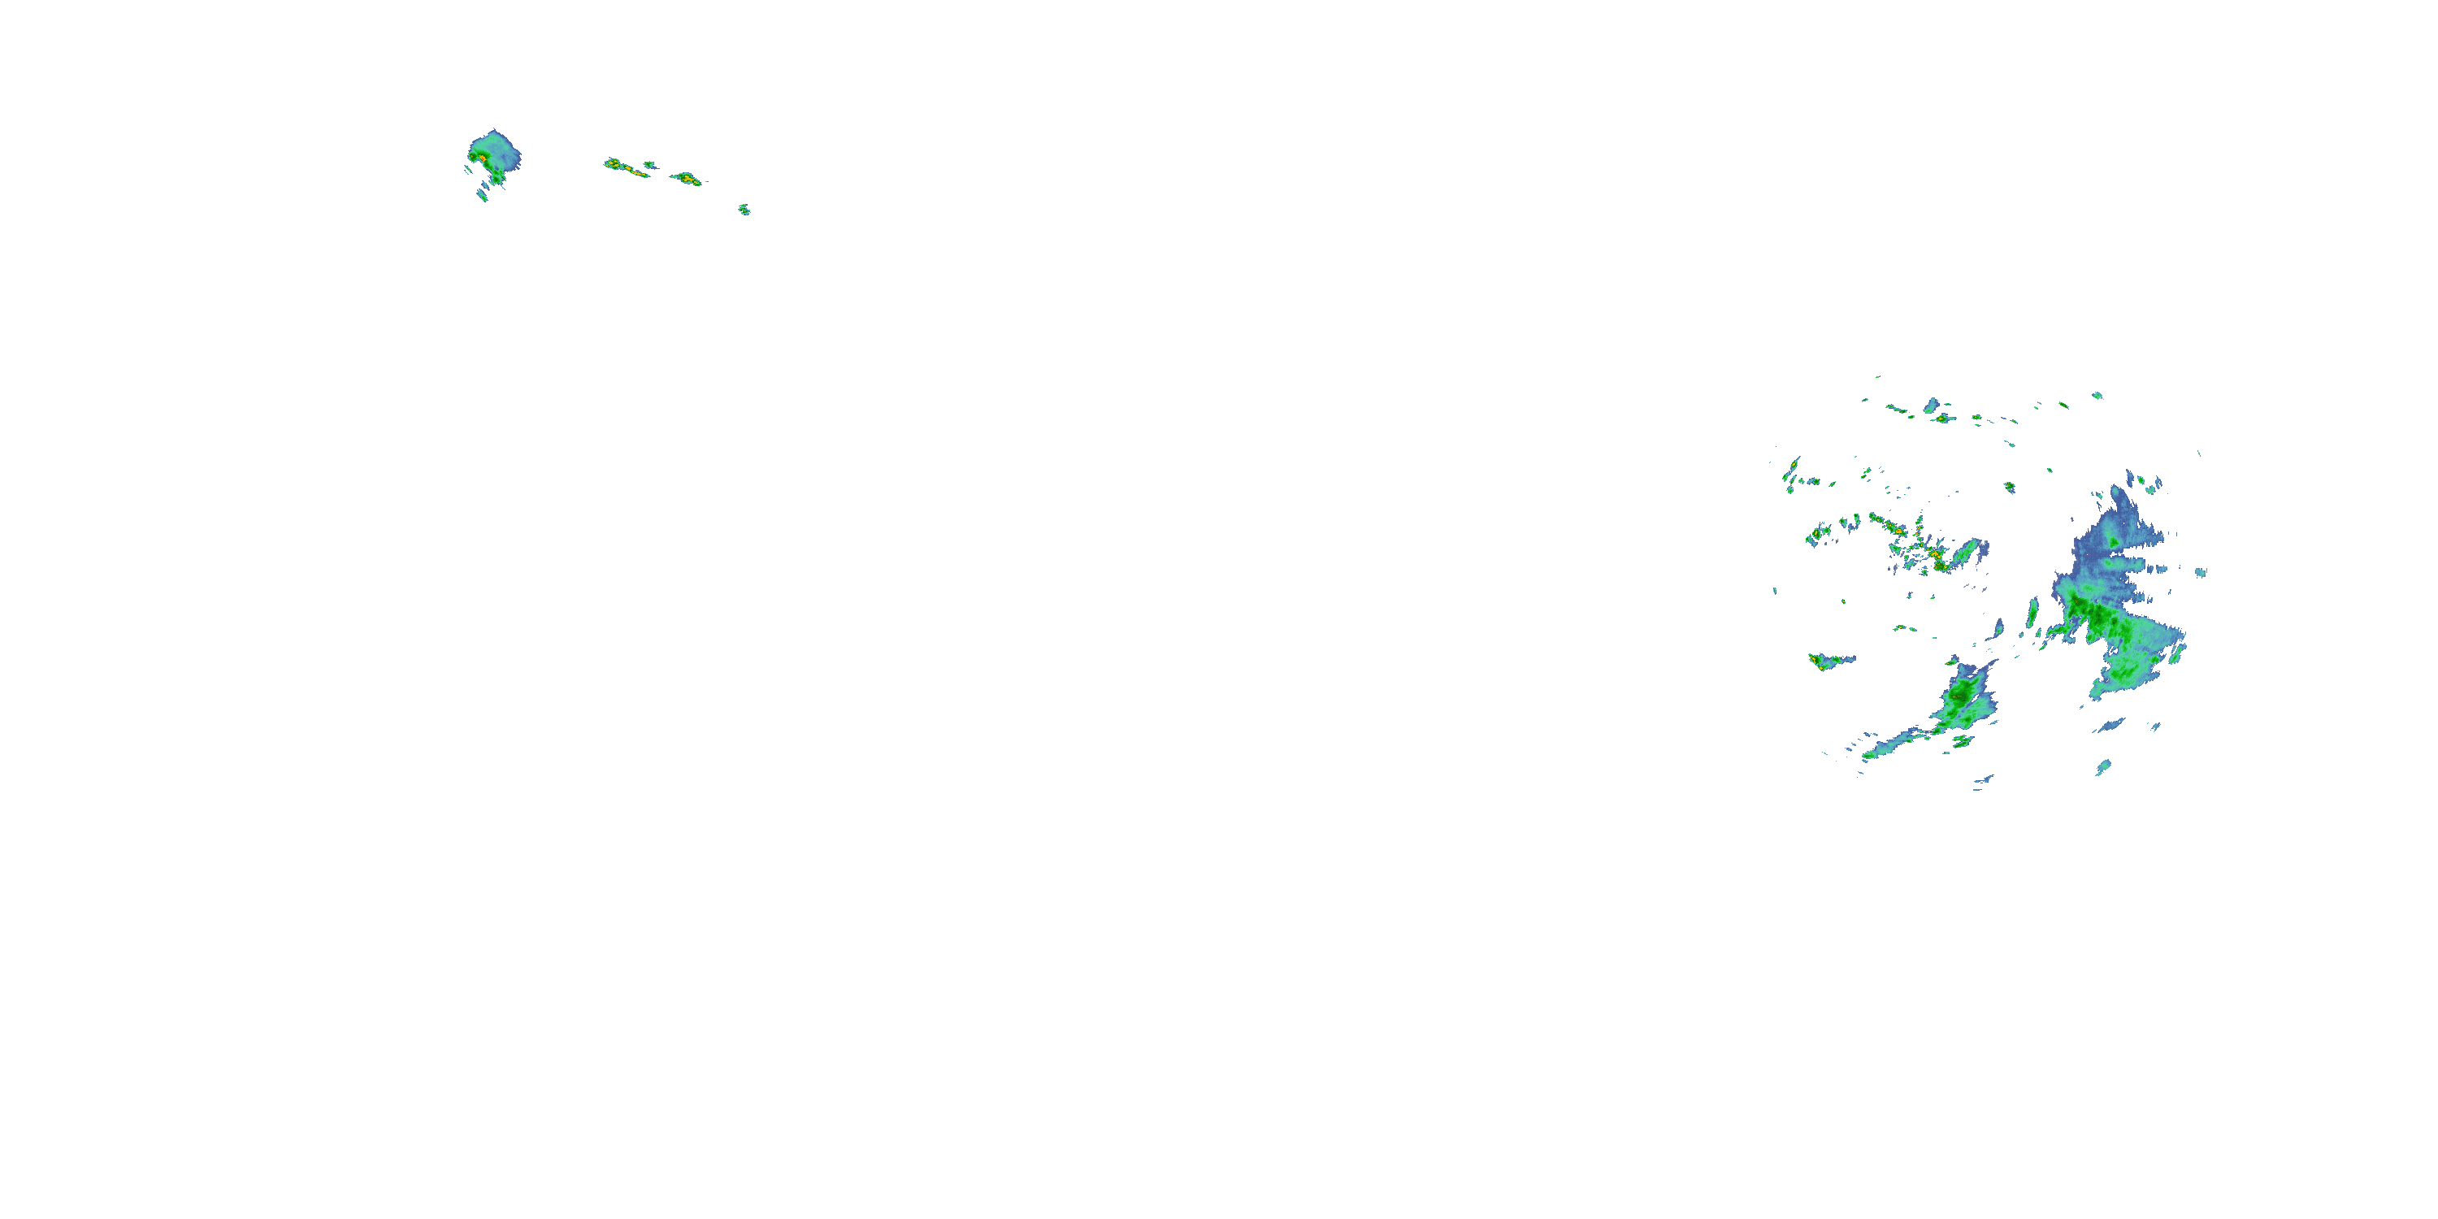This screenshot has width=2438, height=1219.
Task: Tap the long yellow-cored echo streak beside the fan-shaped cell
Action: click(x=625, y=168)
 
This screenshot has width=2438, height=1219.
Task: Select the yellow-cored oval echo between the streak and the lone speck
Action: click(x=687, y=178)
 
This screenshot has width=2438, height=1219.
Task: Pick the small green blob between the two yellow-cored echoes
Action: click(x=649, y=166)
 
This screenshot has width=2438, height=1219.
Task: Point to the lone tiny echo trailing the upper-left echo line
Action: click(x=745, y=209)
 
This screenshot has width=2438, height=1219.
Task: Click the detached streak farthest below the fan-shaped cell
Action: click(x=482, y=195)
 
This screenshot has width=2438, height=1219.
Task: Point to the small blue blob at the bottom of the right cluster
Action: click(x=2103, y=766)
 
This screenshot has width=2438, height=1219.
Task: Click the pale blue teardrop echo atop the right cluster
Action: click(x=1932, y=405)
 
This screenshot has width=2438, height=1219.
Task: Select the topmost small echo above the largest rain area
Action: click(x=2097, y=396)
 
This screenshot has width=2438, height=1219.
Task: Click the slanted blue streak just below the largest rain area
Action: click(x=2110, y=726)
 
